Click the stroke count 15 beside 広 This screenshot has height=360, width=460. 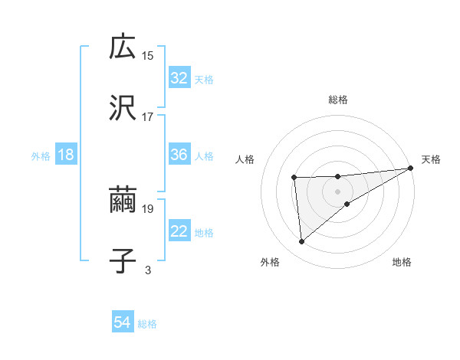(148, 55)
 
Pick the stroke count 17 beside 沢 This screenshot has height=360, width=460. (148, 116)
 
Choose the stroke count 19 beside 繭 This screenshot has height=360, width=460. (148, 208)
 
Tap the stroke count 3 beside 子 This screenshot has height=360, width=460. (148, 269)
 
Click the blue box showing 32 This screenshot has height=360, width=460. (179, 78)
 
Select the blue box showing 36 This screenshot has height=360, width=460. (179, 155)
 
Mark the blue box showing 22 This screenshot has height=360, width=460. (179, 231)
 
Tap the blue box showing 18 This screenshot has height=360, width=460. (66, 155)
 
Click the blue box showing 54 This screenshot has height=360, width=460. (123, 323)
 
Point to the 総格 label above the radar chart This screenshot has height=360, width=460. (338, 100)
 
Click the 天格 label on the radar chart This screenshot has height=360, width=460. (431, 159)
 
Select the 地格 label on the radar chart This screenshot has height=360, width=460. (402, 263)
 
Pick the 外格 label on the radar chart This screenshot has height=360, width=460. (270, 263)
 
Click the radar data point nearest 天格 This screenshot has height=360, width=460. (411, 169)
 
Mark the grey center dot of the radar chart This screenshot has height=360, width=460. (337, 190)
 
